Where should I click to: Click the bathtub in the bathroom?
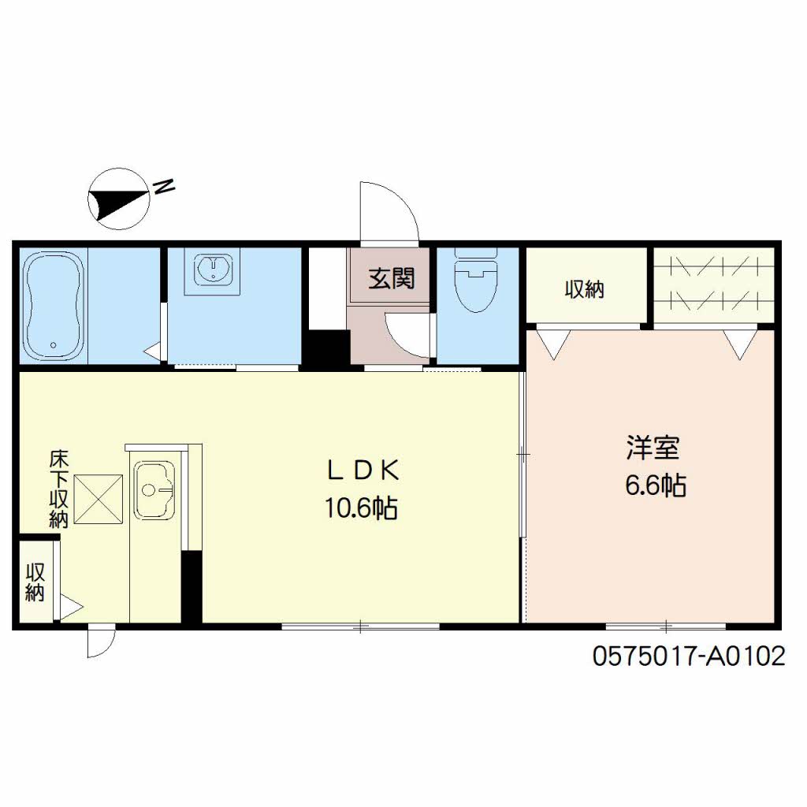coord(54,306)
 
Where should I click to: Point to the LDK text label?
coord(363,470)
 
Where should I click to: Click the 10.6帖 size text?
coord(361,508)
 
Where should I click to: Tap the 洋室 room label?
coord(653,448)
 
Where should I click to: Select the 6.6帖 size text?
coord(655,485)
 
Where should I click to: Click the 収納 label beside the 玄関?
coord(584,289)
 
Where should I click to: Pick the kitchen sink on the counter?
coord(154,490)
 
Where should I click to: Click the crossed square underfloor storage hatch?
coord(99,500)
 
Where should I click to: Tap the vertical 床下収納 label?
coord(58,489)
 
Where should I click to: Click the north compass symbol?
coord(119,199)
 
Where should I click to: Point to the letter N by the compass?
coord(164,186)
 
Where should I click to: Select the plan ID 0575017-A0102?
coord(689,656)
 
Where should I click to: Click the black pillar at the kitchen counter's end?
coord(192,586)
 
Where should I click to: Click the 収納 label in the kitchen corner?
coord(35,582)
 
